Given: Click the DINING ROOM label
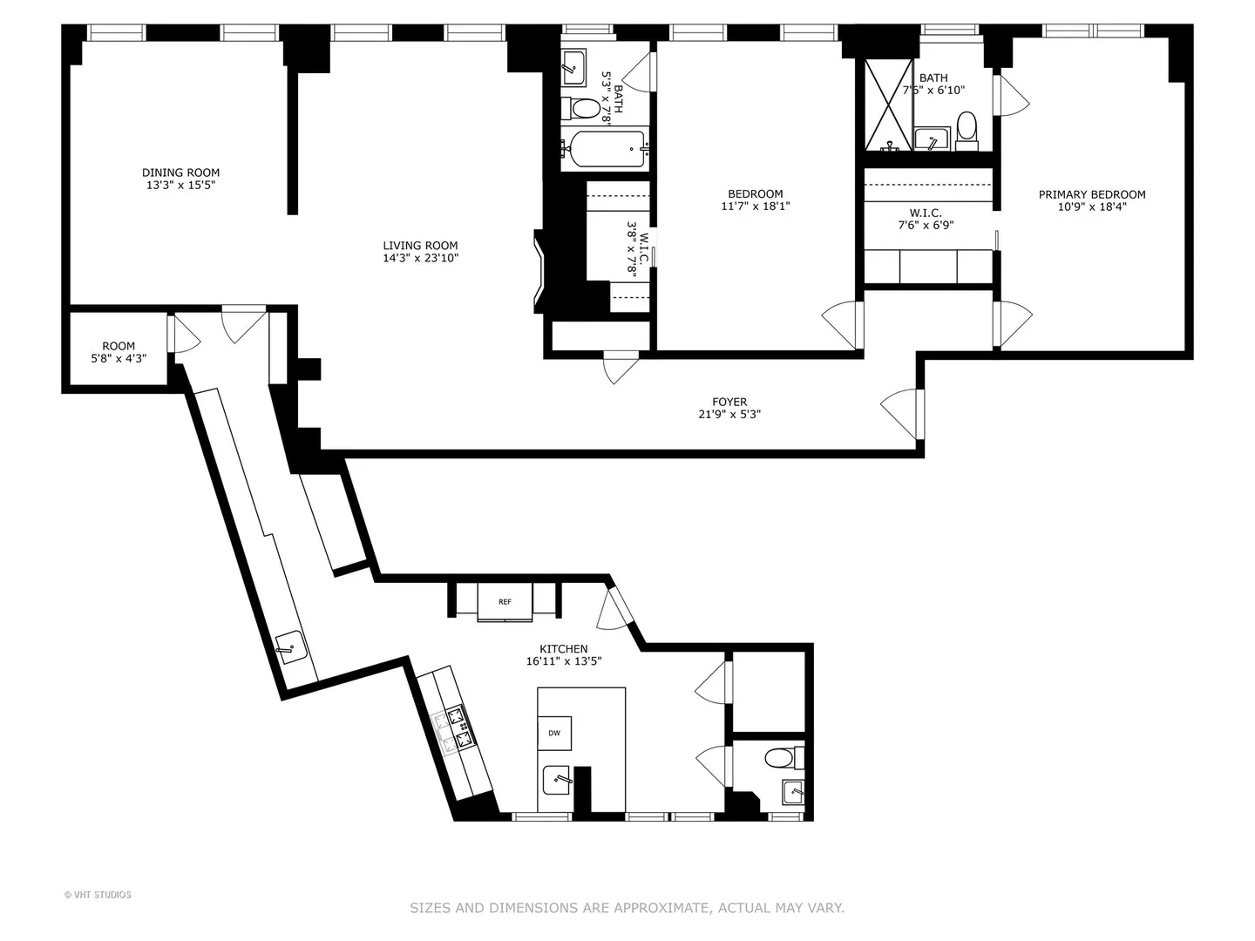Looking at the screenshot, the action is [180, 173].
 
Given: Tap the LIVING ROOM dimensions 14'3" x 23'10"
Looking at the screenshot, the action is [421, 258].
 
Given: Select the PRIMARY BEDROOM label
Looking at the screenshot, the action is [1092, 195].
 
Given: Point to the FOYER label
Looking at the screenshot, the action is [729, 402].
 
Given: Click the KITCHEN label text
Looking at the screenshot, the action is [564, 649].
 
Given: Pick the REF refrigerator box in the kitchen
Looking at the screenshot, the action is [505, 601].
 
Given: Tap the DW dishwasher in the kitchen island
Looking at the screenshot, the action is [554, 733].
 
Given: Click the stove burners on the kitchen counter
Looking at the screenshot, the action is [455, 729].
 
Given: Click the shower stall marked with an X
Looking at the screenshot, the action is [888, 105].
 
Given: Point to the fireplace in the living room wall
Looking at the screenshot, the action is [539, 271].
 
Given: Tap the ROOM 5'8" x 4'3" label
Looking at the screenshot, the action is [119, 352].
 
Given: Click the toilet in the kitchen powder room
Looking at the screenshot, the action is [784, 759].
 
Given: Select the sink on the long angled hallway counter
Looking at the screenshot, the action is [292, 647].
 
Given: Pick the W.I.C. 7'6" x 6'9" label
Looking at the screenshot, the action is [926, 219].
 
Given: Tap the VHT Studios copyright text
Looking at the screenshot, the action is [98, 895].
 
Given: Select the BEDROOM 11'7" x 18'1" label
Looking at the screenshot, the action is [756, 200].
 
